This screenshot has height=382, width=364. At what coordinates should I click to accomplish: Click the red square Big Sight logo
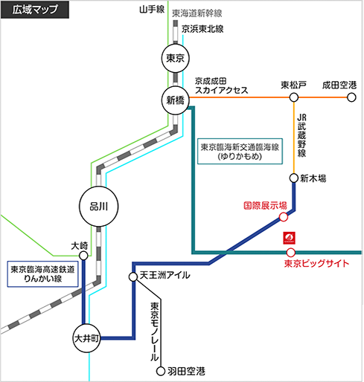coord(290,238)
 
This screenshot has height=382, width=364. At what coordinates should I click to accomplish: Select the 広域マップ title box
coord(35,10)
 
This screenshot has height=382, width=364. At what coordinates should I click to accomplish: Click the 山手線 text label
coord(152,10)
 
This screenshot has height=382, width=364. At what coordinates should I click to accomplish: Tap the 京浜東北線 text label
coord(202,29)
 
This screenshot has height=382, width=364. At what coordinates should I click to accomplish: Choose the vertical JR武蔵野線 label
coord(301,135)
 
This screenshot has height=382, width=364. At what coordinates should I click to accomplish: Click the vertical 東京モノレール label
coord(154,331)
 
